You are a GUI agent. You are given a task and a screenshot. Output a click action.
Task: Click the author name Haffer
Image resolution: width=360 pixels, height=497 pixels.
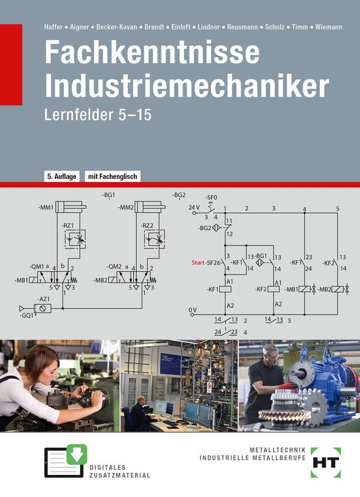pyautogui.click(x=53, y=27)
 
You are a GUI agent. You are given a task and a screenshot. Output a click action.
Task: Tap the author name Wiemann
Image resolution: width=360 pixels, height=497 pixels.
pyautogui.click(x=329, y=27)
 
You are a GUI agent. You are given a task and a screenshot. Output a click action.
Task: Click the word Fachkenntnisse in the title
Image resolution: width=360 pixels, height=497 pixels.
pyautogui.click(x=152, y=52)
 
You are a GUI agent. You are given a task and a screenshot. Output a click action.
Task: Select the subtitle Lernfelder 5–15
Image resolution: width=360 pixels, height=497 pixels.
pyautogui.click(x=98, y=115)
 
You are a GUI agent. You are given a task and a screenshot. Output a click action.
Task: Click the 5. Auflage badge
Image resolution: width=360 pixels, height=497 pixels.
pyautogui.click(x=62, y=176)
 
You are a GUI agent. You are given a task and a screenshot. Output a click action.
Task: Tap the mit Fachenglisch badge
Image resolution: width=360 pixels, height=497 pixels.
pyautogui.click(x=113, y=176)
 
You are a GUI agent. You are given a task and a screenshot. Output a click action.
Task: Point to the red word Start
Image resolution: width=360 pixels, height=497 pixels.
pyautogui.click(x=198, y=262)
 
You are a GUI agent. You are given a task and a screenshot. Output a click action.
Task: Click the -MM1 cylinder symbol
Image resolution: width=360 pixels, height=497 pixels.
pyautogui.click(x=70, y=207)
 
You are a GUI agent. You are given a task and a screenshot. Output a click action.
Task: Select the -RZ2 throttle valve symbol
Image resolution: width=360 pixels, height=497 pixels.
pyautogui.click(x=154, y=239)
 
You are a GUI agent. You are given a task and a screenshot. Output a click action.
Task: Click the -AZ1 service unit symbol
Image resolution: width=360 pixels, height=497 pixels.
pyautogui.click(x=43, y=308)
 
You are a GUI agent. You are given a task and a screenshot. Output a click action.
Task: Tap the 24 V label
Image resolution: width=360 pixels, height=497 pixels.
pyautogui.click(x=194, y=207)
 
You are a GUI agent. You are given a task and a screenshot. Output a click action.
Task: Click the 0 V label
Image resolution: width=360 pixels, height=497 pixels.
pyautogui.click(x=193, y=310)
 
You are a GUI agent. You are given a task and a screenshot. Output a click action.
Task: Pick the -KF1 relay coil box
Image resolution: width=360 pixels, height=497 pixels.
pyautogui.click(x=225, y=289)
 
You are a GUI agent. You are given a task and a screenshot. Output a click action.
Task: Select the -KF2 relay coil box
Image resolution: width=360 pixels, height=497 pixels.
pyautogui.click(x=274, y=289)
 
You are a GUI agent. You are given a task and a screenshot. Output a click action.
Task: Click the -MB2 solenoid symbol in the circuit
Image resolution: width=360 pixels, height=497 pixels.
pyautogui.click(x=337, y=289)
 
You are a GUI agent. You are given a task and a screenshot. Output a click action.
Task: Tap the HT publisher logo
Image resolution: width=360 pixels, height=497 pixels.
pyautogui.click(x=326, y=462)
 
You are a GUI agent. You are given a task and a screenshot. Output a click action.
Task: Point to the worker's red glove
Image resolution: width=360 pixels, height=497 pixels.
pyautogui.click(x=289, y=385)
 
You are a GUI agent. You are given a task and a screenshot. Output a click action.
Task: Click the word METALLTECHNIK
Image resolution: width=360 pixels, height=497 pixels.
pyautogui.click(x=278, y=450)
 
